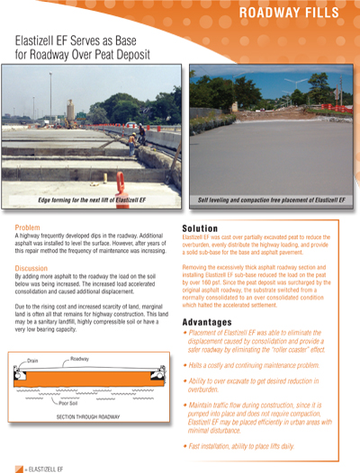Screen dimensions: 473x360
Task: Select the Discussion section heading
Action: coord(35,268)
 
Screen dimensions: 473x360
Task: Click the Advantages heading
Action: coord(214,322)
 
